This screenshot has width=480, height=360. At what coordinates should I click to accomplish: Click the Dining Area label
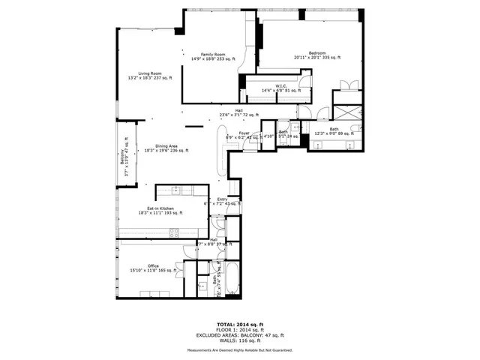166,145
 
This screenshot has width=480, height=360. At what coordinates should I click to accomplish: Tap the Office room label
153,265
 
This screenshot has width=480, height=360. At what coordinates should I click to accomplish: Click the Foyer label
244,133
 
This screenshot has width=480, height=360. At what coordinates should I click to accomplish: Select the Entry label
222,199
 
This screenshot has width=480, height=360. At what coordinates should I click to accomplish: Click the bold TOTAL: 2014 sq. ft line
240,324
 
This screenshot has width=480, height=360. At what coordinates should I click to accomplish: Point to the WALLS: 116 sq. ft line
240,340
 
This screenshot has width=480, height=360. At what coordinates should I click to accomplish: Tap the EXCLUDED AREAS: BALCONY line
240,334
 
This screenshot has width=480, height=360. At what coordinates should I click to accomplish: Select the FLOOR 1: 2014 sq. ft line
240,329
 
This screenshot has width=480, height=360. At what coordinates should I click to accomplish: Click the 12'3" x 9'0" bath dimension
334,133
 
